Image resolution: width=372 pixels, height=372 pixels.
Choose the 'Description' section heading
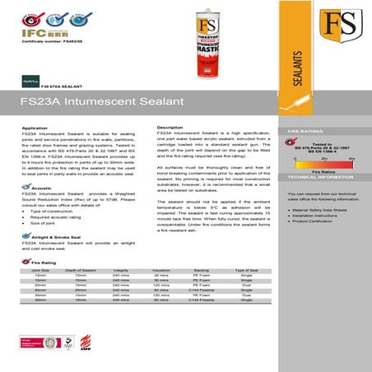coord(170,128)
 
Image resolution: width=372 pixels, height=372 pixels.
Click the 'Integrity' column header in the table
coord(120,269)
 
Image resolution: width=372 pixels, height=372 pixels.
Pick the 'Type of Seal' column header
coord(247,269)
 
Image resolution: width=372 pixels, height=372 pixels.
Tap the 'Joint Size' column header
coord(40,269)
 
